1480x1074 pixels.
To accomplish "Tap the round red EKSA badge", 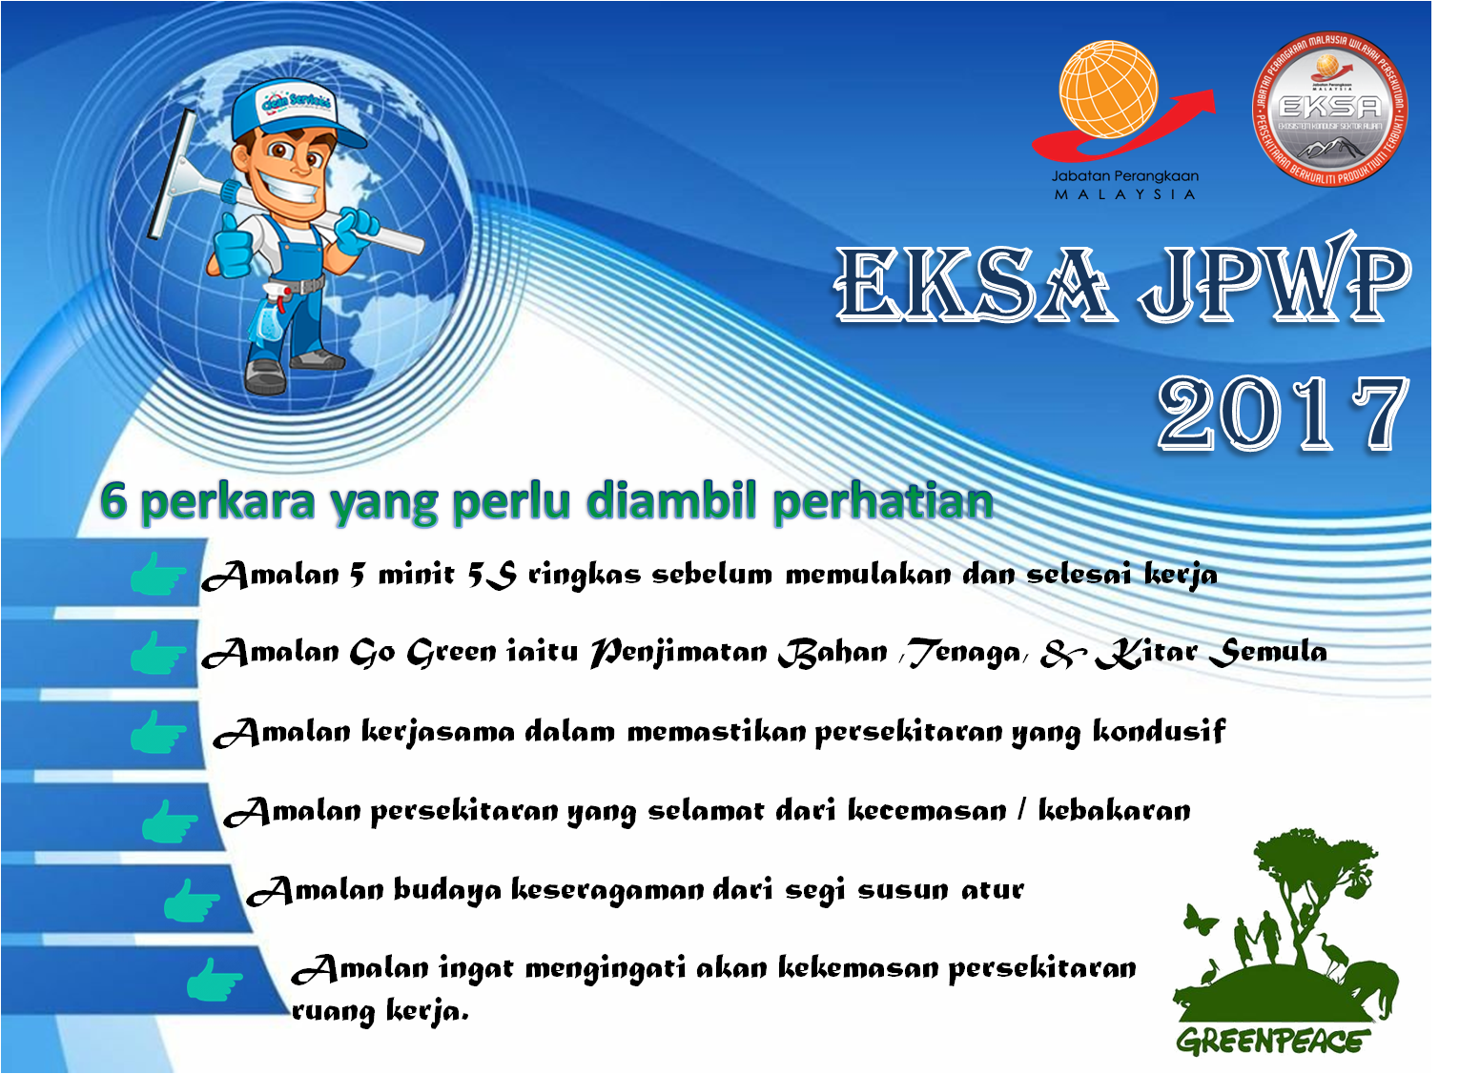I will point(1329,110).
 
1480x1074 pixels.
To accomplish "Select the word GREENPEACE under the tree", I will point(1272,1041).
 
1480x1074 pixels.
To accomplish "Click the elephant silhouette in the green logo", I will point(1368,991).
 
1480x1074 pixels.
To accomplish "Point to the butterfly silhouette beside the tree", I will point(1200,921).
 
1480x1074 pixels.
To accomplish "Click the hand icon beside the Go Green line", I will point(156,654).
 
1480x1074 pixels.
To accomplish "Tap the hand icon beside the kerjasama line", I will point(156,733).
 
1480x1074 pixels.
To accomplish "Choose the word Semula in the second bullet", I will point(1267,653).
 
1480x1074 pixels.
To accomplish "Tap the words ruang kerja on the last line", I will point(380,1011).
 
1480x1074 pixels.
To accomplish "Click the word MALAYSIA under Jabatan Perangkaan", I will point(1124,194).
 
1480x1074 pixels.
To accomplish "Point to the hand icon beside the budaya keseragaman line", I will point(191,901).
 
